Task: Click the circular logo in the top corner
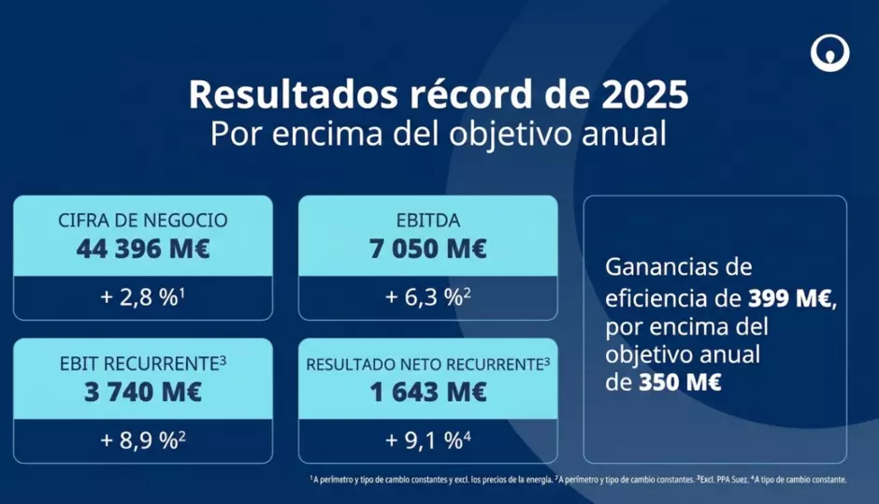tap(829, 53)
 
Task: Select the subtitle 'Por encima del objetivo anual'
tap(439, 133)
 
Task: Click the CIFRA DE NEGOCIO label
tap(143, 221)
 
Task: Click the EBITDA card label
tap(427, 221)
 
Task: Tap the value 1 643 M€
tap(427, 392)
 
